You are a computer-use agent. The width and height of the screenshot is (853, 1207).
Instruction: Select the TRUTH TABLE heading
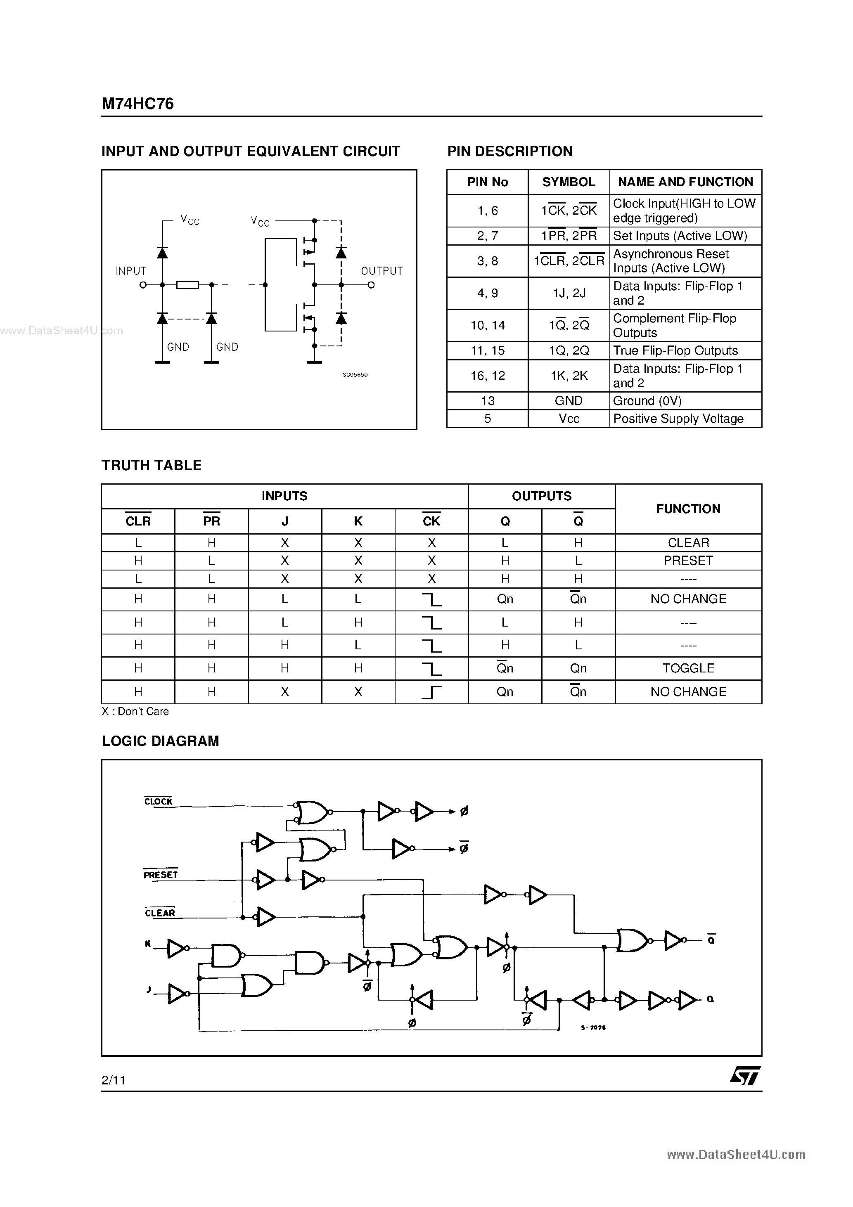tap(152, 465)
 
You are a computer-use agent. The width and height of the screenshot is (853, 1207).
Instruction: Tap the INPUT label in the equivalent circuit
tap(130, 271)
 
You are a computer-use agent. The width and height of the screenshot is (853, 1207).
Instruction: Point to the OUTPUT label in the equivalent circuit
tap(382, 271)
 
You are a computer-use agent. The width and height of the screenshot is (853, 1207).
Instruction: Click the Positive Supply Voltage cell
tap(678, 419)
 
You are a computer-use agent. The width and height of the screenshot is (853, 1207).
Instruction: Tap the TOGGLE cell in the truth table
tap(688, 668)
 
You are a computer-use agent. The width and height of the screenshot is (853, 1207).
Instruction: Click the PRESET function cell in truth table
tap(688, 561)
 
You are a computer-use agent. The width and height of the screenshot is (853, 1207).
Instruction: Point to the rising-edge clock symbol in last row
tap(431, 692)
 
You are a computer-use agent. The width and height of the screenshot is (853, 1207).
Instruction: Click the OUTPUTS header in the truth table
tap(541, 496)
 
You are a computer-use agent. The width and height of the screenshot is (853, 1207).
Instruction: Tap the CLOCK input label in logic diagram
tap(158, 801)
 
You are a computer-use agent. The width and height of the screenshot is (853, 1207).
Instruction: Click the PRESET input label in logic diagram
tap(160, 875)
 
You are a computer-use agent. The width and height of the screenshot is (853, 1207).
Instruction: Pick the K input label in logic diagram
tap(148, 944)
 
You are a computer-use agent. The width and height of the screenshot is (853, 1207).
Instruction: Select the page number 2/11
tap(114, 1080)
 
